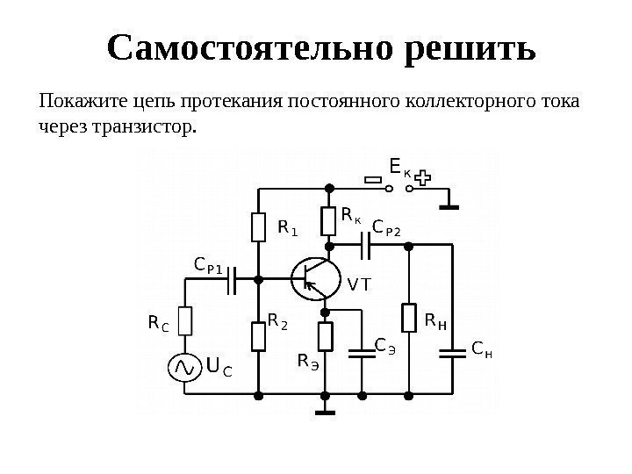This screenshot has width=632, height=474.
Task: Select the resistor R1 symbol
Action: pos(258,227)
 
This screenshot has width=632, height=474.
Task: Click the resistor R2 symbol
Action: pos(258,335)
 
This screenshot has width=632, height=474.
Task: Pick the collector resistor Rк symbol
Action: pos(328,220)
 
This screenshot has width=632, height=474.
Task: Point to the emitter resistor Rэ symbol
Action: pos(327,336)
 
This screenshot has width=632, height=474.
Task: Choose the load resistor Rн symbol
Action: pos(409,319)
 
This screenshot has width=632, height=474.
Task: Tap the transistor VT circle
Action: pos(314,278)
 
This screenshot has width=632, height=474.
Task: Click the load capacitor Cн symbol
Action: pos(453,355)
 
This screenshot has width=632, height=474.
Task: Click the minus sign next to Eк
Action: pos(375,180)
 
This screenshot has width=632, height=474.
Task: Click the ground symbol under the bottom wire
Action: pos(327,408)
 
